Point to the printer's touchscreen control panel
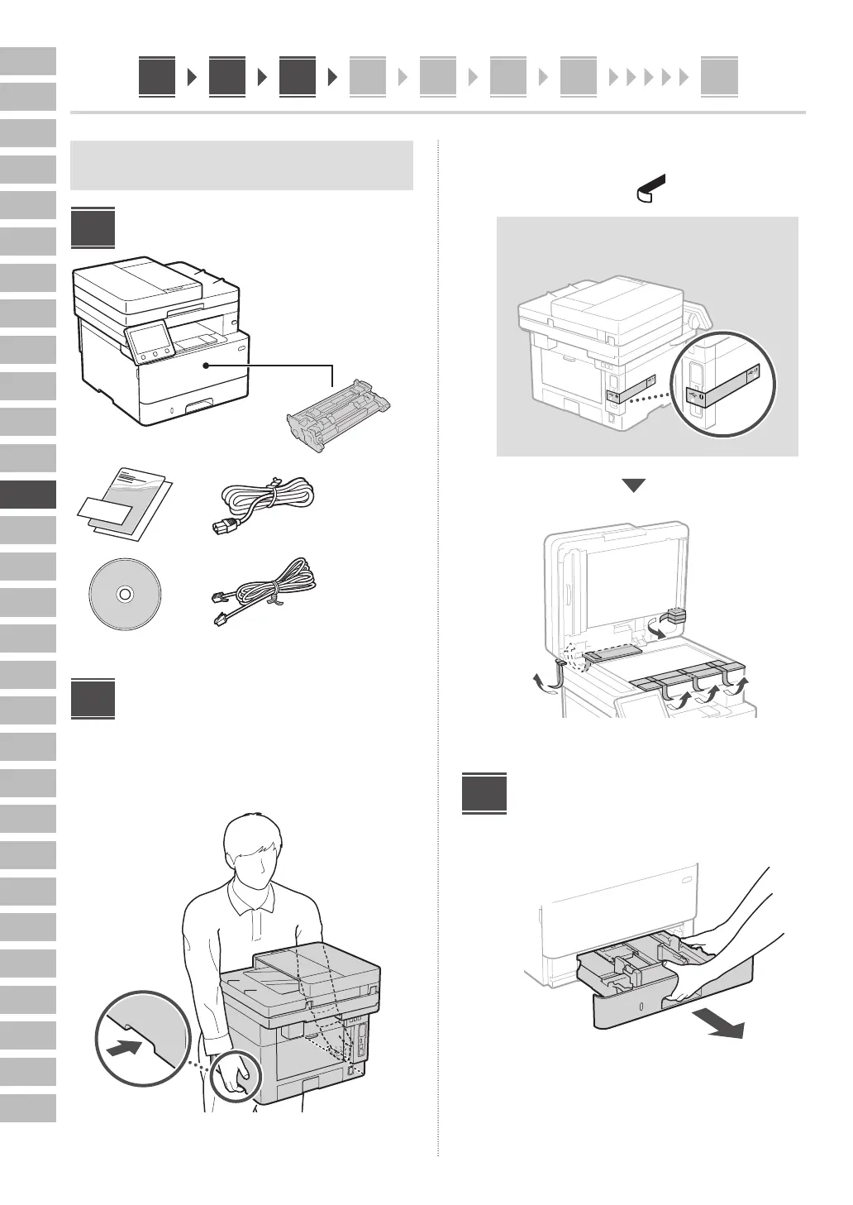coord(150,342)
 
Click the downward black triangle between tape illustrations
coord(633,485)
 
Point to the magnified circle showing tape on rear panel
coord(723,383)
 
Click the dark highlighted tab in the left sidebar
coord(28,495)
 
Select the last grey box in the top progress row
coord(718,78)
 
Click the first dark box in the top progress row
coord(157,78)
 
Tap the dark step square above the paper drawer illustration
coord(484,793)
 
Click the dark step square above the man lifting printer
coord(93,698)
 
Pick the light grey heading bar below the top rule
coord(241,165)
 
